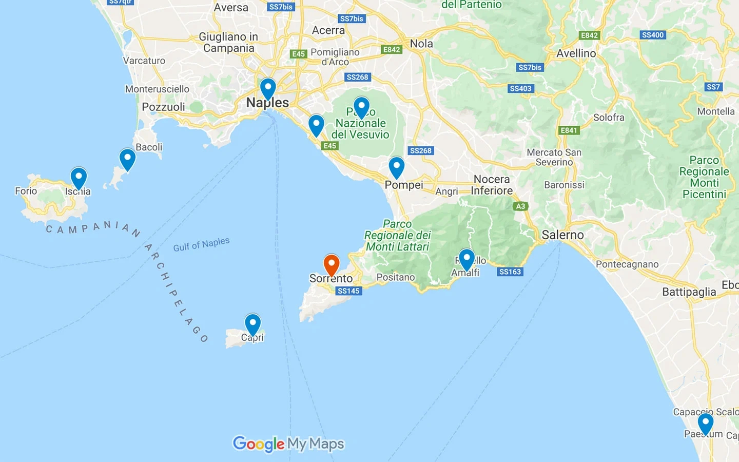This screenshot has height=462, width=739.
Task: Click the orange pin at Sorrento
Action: (332, 264)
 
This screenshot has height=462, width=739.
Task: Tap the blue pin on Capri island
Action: (252, 323)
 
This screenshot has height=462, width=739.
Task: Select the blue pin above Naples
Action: (268, 88)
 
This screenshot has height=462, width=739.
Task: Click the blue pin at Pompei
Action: (396, 166)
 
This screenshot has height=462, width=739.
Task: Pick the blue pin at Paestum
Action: (706, 423)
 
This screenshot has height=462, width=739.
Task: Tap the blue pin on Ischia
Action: (79, 177)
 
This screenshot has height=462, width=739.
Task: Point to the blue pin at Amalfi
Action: (466, 258)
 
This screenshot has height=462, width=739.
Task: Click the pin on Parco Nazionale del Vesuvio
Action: (361, 107)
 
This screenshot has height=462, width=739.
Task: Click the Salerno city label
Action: (562, 235)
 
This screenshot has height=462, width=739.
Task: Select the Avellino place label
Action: (576, 53)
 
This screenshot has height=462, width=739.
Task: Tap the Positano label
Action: (395, 277)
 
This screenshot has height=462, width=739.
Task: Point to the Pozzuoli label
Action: (163, 107)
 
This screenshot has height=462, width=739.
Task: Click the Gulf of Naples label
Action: (201, 244)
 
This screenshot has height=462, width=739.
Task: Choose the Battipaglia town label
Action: (689, 292)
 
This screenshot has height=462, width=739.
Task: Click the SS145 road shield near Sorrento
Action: (348, 291)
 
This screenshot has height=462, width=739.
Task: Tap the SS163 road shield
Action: (510, 272)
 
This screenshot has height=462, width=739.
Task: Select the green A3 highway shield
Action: (520, 206)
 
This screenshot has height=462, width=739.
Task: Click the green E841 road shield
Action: (569, 130)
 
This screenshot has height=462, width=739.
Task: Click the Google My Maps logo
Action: (288, 444)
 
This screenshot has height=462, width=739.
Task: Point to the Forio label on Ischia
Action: (26, 191)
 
